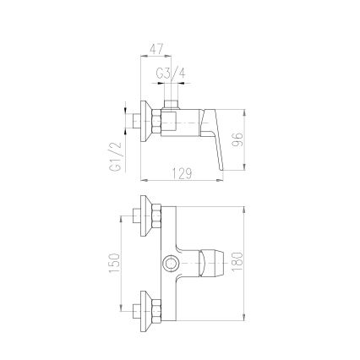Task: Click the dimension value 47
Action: tap(156, 49)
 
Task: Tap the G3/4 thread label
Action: tap(171, 74)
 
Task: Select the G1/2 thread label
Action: tap(115, 156)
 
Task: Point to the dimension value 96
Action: tap(237, 139)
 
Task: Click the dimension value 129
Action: tap(182, 174)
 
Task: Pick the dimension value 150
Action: tap(115, 264)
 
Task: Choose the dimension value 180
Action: tap(237, 262)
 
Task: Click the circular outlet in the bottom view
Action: tap(171, 264)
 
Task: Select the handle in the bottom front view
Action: tap(210, 264)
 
